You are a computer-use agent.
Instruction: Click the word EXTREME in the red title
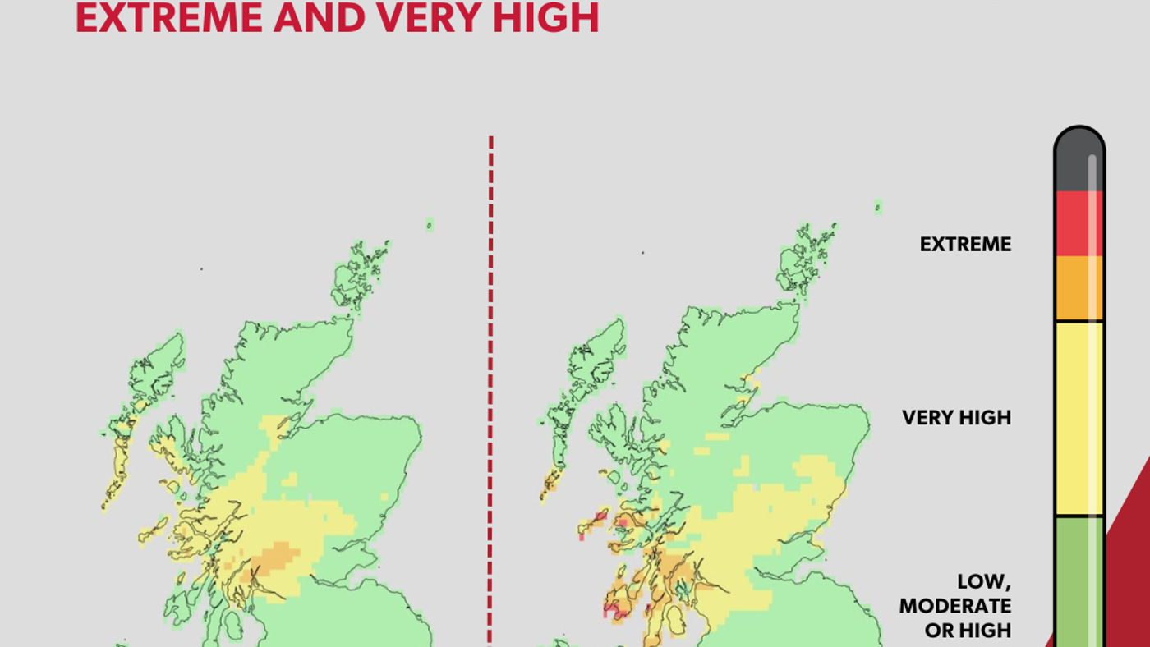168,18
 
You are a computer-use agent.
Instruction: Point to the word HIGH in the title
548,18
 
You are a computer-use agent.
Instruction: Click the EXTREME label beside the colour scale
965,244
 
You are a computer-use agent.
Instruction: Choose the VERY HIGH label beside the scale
956,417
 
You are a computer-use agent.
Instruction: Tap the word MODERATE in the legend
955,606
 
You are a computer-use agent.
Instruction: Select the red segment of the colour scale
1079,223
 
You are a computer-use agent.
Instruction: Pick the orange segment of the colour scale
1079,287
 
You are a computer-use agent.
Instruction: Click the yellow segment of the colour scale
1079,419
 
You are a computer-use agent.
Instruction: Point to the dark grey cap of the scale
1079,160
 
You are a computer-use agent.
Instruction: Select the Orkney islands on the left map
359,275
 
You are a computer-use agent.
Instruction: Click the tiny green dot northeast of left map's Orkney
429,224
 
